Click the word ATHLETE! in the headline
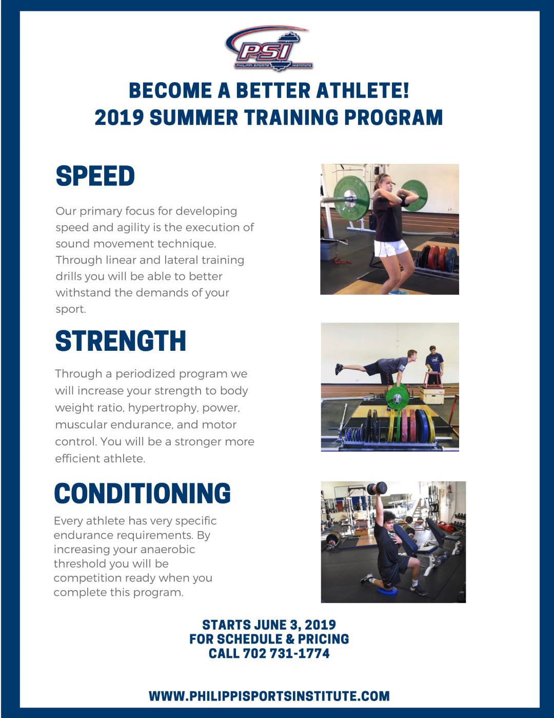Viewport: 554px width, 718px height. (363, 90)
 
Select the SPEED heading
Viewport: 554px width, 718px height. (95, 176)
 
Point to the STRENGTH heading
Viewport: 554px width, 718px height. (121, 341)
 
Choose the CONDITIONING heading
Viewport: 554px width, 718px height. (142, 494)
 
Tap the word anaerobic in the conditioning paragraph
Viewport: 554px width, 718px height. (167, 550)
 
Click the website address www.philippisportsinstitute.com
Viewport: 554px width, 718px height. (269, 696)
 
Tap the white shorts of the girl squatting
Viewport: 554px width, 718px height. (391, 248)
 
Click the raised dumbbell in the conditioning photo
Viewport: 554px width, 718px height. (377, 488)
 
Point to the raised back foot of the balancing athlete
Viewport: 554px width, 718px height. (339, 368)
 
